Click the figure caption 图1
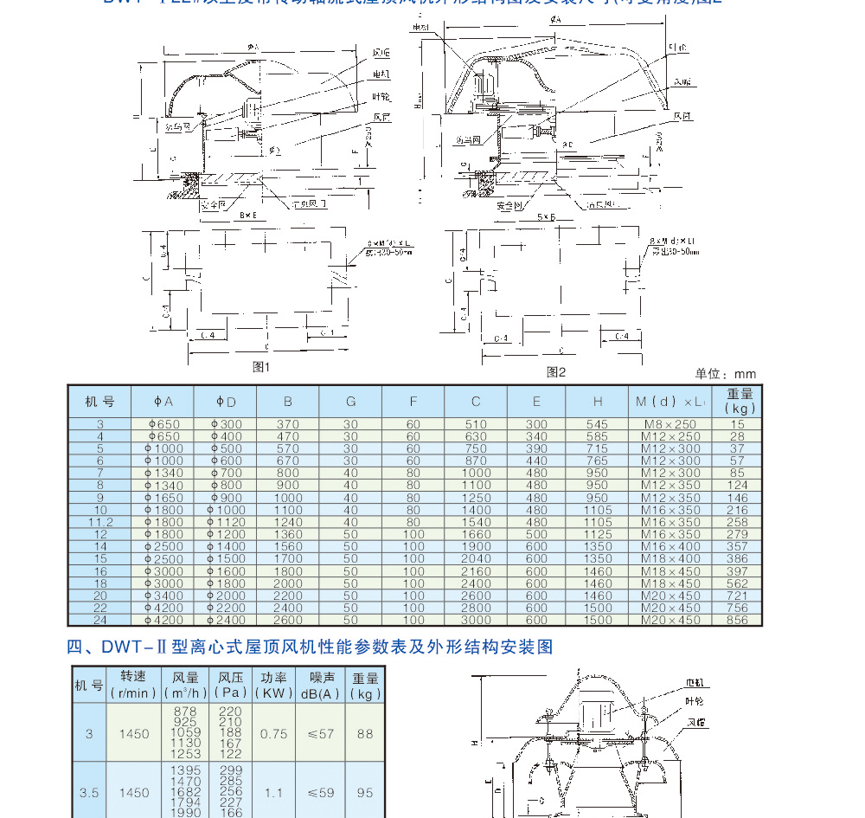tap(261, 367)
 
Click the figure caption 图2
tap(555, 372)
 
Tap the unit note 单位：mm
tap(726, 374)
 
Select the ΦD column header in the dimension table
tap(226, 402)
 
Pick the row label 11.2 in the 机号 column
tap(99, 522)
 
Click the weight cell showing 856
tap(736, 620)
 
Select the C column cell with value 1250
tap(476, 498)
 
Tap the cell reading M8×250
tap(670, 424)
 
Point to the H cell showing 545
tap(597, 424)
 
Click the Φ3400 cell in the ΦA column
tap(163, 596)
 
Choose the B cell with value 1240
tap(288, 522)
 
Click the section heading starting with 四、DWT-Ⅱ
tap(310, 647)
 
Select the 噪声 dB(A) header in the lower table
tap(319, 686)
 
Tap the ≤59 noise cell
tap(320, 792)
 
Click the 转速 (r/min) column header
tap(133, 686)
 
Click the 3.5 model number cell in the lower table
tap(88, 792)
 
